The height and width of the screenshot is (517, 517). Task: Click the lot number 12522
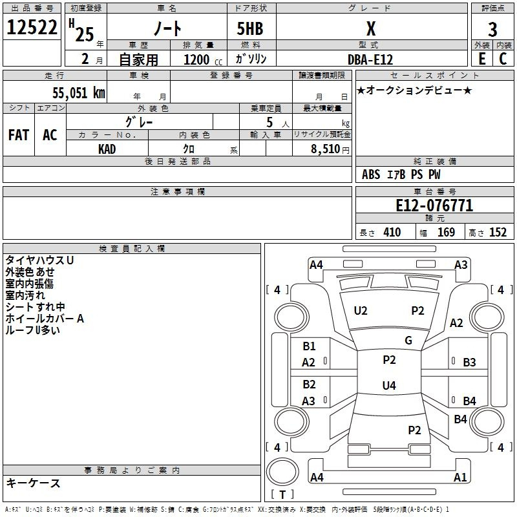pos(32,27)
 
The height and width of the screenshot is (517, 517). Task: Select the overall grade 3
pos(492,30)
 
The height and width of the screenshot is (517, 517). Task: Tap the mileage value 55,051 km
pos(79,92)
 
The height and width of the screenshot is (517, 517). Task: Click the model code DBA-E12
pos(370,59)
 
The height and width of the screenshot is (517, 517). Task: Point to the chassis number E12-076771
pos(434,206)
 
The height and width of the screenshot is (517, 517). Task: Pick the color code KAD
pos(107,149)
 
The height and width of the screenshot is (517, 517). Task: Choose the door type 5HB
pos(250,28)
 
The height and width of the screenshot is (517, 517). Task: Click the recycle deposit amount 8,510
pos(325,149)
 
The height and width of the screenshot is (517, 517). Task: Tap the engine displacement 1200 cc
pos(203,59)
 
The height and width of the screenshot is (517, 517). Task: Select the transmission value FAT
pos(19,135)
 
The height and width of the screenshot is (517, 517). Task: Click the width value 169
pos(446,232)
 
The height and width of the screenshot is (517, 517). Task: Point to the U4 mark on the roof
pos(389,385)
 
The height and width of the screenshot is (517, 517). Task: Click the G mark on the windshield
pos(408,341)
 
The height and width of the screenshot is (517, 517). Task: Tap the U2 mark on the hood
pos(361,311)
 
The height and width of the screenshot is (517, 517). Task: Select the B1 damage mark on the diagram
pos(309,346)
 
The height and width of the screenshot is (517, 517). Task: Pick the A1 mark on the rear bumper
pos(460,477)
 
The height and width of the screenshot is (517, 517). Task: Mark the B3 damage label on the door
pos(469,363)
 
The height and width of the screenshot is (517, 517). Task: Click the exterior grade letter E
pos(481,59)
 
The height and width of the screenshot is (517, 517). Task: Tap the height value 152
pos(498,232)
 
